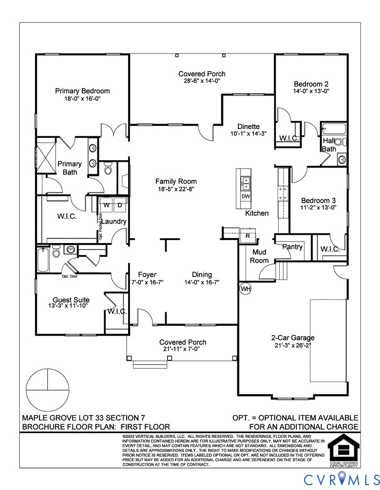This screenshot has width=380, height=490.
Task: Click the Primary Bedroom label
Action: click(x=82, y=91)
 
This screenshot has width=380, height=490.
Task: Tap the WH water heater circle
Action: click(x=246, y=288)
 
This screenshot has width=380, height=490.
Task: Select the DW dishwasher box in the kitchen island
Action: click(x=246, y=196)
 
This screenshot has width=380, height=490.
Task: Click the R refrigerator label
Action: click(x=247, y=236)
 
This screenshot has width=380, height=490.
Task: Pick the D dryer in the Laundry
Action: click(x=120, y=205)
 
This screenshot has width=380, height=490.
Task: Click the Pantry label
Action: click(x=293, y=247)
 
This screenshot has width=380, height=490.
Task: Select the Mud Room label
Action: click(x=259, y=256)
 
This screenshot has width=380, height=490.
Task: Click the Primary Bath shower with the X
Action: click(x=47, y=152)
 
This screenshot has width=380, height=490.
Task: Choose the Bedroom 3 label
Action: click(x=318, y=200)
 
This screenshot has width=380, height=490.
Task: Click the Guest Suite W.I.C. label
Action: click(x=117, y=311)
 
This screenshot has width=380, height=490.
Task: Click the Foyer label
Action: click(x=147, y=274)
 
